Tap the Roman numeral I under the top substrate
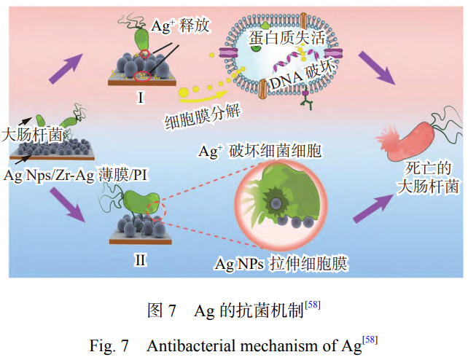[139, 96]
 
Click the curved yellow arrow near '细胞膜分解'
[201, 92]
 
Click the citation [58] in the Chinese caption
[312, 304]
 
